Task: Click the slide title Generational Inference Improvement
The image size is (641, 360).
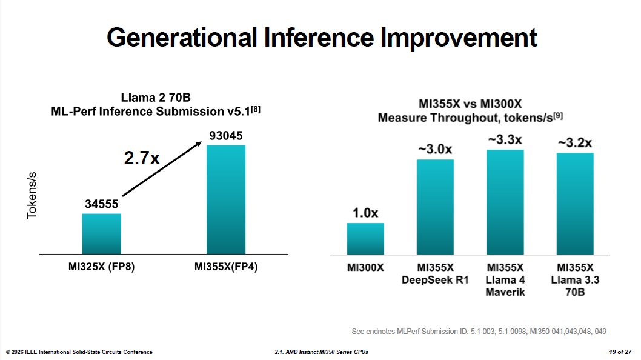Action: pos(321,38)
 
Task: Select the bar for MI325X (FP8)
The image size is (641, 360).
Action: pos(102,233)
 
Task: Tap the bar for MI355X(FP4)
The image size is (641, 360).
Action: pos(226,199)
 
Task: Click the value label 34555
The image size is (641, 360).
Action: pos(102,205)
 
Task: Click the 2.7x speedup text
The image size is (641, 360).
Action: pos(143,159)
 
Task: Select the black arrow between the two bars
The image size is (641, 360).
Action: pos(162,170)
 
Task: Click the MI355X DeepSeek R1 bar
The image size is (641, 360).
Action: pos(435,207)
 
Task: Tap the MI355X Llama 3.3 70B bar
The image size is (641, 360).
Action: pos(575,204)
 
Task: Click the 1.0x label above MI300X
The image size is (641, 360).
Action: pos(365,213)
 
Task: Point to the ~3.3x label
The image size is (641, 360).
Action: pos(505,140)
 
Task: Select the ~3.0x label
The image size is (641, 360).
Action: pos(435,149)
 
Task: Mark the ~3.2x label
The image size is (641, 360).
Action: pos(575,143)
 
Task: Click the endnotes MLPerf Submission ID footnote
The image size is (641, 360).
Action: pos(479,332)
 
